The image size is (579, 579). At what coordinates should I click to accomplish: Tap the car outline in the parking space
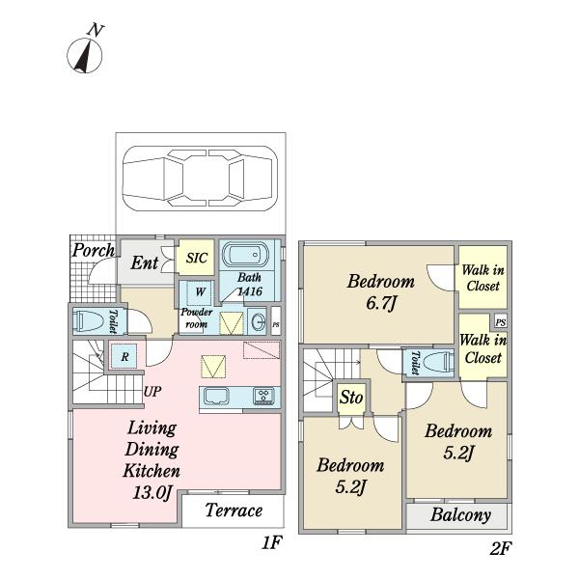click(x=200, y=179)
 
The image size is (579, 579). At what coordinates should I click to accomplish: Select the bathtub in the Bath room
click(x=245, y=255)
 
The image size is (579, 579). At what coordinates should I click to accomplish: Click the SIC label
click(x=197, y=258)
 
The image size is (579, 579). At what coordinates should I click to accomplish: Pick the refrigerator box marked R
click(x=124, y=356)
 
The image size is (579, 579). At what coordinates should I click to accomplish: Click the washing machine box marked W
click(x=200, y=292)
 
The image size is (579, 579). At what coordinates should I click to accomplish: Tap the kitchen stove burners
click(x=263, y=397)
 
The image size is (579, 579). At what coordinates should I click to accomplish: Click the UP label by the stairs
click(x=152, y=391)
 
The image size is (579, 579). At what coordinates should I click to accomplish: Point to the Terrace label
click(x=234, y=510)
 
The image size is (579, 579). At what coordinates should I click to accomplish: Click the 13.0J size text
click(x=152, y=492)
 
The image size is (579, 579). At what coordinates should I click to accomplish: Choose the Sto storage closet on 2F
click(x=351, y=398)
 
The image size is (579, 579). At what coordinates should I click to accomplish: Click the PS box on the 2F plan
click(x=500, y=322)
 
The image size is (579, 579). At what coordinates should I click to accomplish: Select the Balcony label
click(x=460, y=514)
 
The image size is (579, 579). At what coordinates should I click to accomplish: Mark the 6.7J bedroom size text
click(x=381, y=304)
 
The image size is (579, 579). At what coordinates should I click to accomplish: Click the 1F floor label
click(x=272, y=542)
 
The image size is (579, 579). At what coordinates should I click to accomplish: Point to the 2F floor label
click(x=501, y=549)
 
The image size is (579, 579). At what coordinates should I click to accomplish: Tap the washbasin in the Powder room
click(x=258, y=322)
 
